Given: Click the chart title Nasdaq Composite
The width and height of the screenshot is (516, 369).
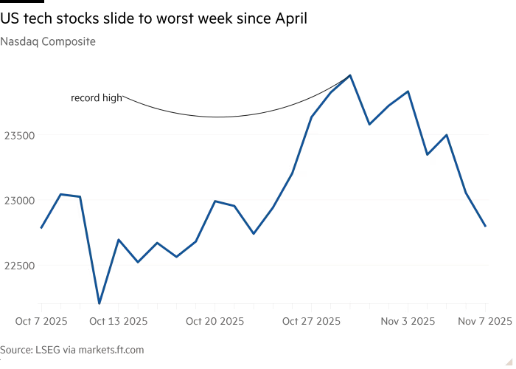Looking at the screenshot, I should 48,42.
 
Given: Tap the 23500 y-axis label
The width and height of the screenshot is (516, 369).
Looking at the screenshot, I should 19,135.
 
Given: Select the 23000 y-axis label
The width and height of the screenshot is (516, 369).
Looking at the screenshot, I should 19,200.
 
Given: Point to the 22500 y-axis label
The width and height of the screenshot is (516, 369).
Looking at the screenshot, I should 19,265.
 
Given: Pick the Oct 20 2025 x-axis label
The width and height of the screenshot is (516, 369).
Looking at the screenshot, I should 215,321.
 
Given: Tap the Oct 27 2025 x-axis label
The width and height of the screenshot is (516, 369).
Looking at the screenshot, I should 312,321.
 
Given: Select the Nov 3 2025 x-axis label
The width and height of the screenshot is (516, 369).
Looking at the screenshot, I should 408,321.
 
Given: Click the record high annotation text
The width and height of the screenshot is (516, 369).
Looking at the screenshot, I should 97,97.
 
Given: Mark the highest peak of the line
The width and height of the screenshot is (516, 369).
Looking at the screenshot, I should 350,75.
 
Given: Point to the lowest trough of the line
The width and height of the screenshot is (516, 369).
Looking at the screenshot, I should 99,301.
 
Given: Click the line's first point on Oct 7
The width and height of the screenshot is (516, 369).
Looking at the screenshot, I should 41,227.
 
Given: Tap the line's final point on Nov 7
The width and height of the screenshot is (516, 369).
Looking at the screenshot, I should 485,226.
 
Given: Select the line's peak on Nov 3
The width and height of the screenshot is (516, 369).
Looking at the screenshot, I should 408,92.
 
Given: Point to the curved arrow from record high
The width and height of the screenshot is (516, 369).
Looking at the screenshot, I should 221,116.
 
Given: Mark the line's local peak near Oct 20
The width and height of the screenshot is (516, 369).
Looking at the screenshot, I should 215,201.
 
